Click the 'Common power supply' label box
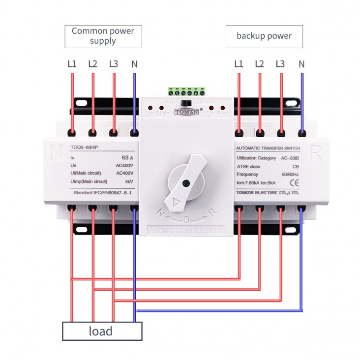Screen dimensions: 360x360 (x=103, y=36)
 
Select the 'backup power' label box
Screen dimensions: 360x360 (x=264, y=36)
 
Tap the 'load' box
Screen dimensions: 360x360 (x=102, y=331)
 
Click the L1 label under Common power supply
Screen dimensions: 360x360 (x=72, y=64)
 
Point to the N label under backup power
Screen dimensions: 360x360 (x=301, y=64)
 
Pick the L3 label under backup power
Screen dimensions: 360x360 (x=280, y=64)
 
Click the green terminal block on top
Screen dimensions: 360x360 (x=186, y=91)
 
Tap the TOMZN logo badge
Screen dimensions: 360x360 (x=184, y=111)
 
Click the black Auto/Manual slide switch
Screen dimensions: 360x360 (x=186, y=103)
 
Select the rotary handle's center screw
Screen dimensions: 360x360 (x=186, y=183)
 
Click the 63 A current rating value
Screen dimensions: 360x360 (x=127, y=158)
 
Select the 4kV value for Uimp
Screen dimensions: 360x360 (x=129, y=182)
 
